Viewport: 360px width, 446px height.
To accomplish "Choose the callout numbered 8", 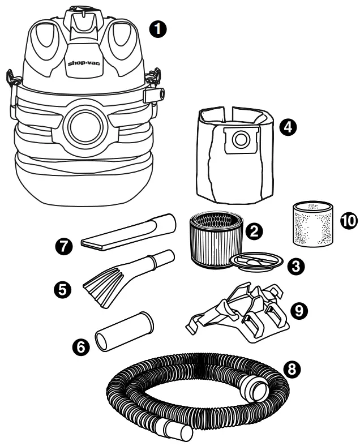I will [293, 370].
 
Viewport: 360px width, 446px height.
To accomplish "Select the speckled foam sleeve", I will [313, 224].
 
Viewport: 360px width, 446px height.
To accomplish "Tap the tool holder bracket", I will [241, 314].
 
